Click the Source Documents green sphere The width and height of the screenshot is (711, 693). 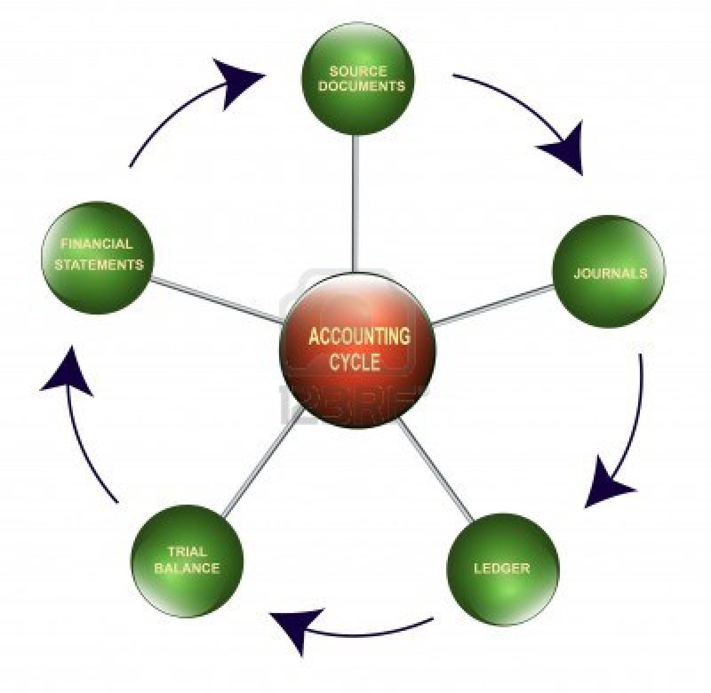pyautogui.click(x=358, y=80)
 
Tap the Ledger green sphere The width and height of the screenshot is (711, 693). pyautogui.click(x=502, y=569)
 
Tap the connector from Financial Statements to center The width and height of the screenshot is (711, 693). pyautogui.click(x=216, y=299)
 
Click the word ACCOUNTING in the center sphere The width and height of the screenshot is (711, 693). pyautogui.click(x=359, y=336)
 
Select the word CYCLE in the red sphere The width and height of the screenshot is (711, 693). pyautogui.click(x=355, y=361)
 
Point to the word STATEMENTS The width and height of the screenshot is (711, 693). pyautogui.click(x=99, y=264)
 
